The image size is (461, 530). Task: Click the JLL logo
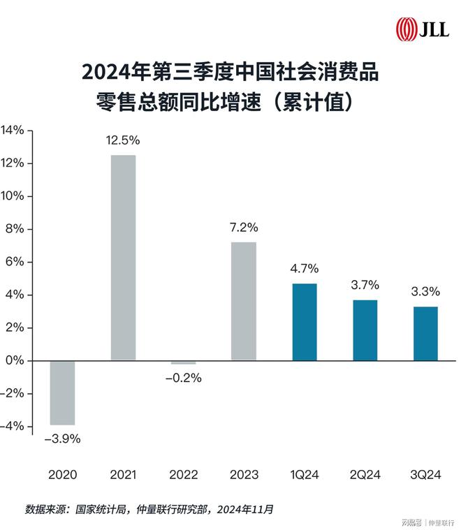coord(422,29)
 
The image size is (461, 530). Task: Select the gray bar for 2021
coord(123,258)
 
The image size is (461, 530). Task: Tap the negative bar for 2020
coord(63,392)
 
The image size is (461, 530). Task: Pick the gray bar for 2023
coord(244,301)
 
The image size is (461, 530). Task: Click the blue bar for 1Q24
coord(304,322)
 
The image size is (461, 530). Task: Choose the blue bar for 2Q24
coord(365,330)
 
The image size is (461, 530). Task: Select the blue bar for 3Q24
coord(425,334)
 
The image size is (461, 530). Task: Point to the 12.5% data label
coord(123,140)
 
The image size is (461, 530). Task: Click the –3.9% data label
coord(63,439)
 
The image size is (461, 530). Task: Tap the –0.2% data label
coord(183,378)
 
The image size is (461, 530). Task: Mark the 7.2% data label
coord(244,228)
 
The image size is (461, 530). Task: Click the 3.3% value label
coord(425,293)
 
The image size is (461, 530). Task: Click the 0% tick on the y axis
coord(15,360)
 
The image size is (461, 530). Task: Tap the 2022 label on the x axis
coord(183,475)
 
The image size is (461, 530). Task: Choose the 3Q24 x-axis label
coord(425,475)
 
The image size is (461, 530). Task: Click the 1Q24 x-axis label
coord(304,475)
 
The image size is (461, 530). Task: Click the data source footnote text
coord(149,509)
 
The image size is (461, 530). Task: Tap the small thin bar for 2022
coord(183,363)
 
